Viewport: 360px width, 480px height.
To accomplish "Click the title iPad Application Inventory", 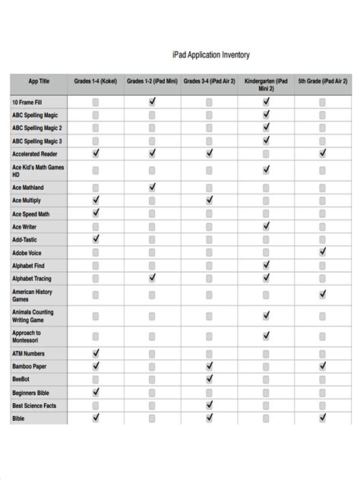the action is (211, 55).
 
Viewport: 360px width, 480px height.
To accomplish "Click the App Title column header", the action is (39, 81).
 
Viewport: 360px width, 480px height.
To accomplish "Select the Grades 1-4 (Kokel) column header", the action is (96, 81).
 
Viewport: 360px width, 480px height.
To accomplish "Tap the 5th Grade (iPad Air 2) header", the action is (323, 81).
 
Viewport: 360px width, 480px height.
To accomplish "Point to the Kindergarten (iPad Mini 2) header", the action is (266, 84).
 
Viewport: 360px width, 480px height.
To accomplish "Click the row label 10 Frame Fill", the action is (27, 101).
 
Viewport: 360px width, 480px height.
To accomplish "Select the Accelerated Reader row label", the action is (35, 153).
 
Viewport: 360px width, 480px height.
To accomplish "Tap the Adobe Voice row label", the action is (27, 253).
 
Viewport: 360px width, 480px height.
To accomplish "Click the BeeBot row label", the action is (22, 379).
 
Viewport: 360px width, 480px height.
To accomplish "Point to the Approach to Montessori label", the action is (27, 336).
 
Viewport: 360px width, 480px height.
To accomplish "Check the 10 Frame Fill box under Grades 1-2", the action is (153, 101).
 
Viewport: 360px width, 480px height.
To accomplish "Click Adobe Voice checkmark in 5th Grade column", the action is (323, 251).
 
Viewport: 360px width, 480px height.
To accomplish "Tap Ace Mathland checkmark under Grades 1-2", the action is (153, 187).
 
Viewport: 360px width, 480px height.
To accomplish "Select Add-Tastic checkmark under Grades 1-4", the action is (96, 239).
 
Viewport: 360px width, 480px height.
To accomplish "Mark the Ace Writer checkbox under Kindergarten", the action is (266, 226).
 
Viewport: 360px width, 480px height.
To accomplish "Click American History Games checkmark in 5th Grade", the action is (323, 294).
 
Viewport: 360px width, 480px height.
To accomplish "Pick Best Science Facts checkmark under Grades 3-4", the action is (210, 406).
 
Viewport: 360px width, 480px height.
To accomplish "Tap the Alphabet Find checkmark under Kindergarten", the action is (266, 265).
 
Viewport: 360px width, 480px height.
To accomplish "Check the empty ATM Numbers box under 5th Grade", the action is (323, 353).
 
